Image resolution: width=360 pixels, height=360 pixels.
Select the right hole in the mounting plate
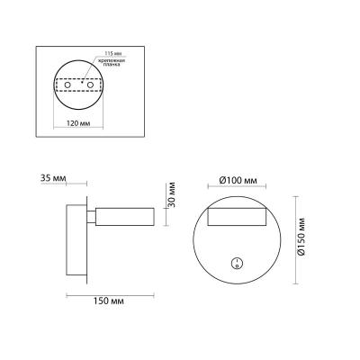(x=90, y=85)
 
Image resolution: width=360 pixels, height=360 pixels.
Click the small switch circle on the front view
(x=237, y=264)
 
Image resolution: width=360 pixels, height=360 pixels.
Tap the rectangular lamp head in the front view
(x=237, y=215)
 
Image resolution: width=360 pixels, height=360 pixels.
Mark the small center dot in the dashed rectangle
(x=78, y=85)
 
